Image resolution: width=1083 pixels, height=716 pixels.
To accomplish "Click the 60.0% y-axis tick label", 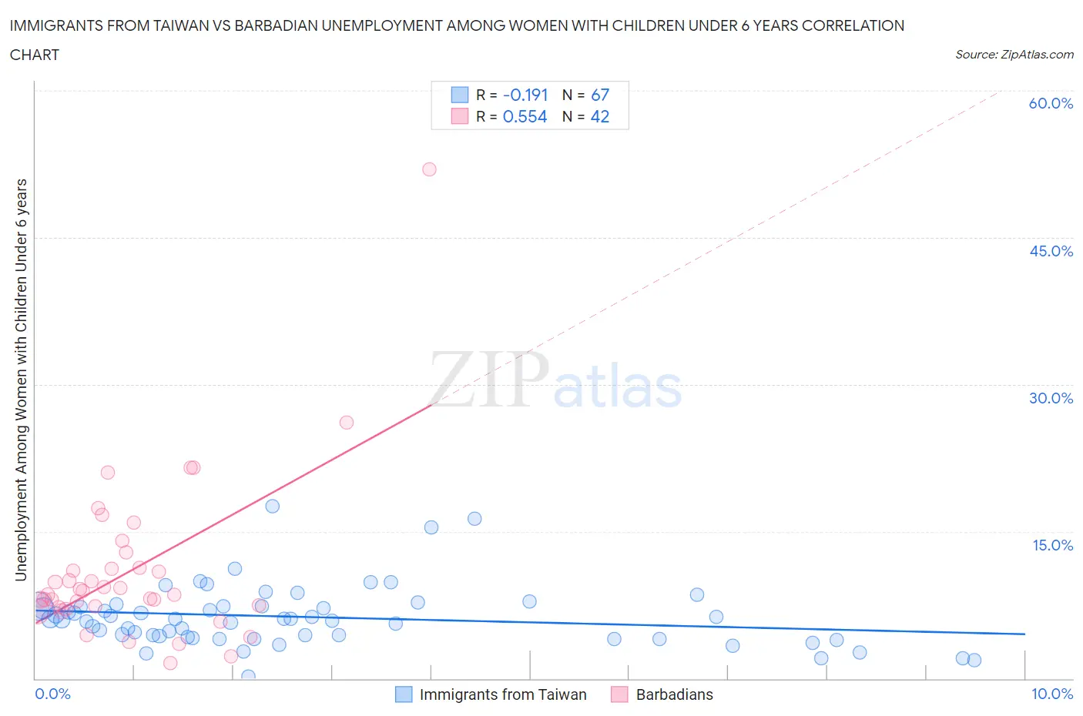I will (1051, 103).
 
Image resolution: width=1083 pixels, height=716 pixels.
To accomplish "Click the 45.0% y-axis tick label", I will (1051, 251).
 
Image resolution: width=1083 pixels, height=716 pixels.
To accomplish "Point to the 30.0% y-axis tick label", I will (1051, 398).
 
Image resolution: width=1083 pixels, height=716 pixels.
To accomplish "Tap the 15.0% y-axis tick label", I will (1052, 545).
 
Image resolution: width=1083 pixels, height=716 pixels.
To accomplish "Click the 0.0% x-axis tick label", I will (52, 694).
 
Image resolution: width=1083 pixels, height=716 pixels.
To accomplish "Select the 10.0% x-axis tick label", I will (1052, 694).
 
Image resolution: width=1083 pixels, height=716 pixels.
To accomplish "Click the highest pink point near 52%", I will (429, 169).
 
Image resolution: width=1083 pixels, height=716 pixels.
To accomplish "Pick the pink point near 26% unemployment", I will (347, 423).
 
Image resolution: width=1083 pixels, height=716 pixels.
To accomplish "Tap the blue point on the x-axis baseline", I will (248, 676).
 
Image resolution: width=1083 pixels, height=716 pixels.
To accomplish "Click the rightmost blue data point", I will (974, 660).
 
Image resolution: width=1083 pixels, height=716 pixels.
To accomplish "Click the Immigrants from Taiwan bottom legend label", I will (503, 694).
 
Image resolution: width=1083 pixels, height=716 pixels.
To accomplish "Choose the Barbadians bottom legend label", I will (674, 694).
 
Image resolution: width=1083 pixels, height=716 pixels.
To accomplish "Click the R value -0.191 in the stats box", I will (525, 95).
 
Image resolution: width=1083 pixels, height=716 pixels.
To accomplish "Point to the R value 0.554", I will (525, 116).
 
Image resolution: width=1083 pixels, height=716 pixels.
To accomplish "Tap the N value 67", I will (599, 95).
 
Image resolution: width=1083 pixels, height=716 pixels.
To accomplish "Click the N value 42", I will (599, 116).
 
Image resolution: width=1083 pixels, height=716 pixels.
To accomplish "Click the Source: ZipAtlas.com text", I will (1014, 54).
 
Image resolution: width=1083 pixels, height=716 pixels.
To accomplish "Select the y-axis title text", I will (22, 380).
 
